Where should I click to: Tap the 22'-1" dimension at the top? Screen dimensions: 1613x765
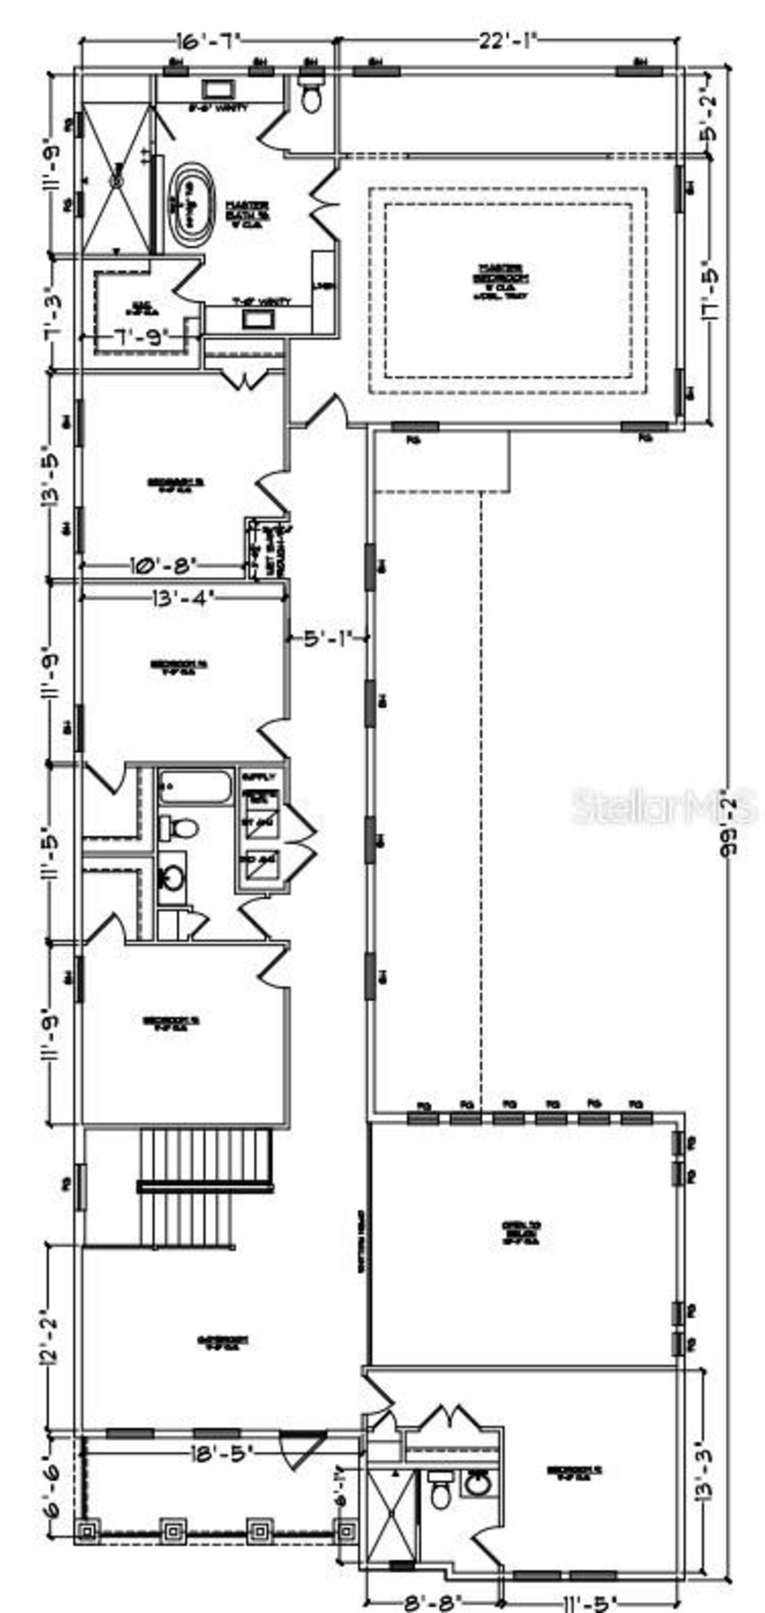click(508, 41)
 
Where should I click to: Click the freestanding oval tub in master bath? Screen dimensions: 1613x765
click(191, 205)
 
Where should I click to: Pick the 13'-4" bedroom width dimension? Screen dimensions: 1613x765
click(182, 598)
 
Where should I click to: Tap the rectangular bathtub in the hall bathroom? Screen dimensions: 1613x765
click(195, 786)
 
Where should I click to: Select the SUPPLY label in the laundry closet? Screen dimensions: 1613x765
click(258, 777)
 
